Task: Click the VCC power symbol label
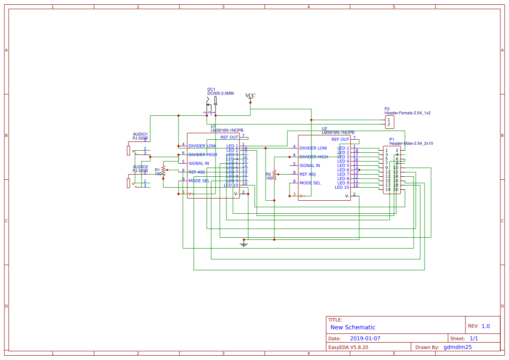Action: point(250,96)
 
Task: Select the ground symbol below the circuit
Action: point(244,245)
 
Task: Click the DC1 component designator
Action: point(211,89)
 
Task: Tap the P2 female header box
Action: point(389,122)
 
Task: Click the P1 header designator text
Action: point(392,139)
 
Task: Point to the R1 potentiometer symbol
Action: point(163,170)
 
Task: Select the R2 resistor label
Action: point(269,174)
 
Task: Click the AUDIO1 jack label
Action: point(140,134)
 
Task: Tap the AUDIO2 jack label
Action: point(140,167)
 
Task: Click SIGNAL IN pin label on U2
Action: point(310,165)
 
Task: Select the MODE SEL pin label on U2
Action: point(310,183)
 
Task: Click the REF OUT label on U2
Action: point(340,139)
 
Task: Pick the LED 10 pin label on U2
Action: point(342,187)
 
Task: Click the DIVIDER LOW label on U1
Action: point(202,146)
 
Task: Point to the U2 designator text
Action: point(324,128)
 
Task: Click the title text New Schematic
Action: point(353,327)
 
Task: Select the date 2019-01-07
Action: point(365,338)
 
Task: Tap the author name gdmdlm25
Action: point(457,347)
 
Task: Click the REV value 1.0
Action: point(485,326)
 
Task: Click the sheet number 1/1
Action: point(474,338)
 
